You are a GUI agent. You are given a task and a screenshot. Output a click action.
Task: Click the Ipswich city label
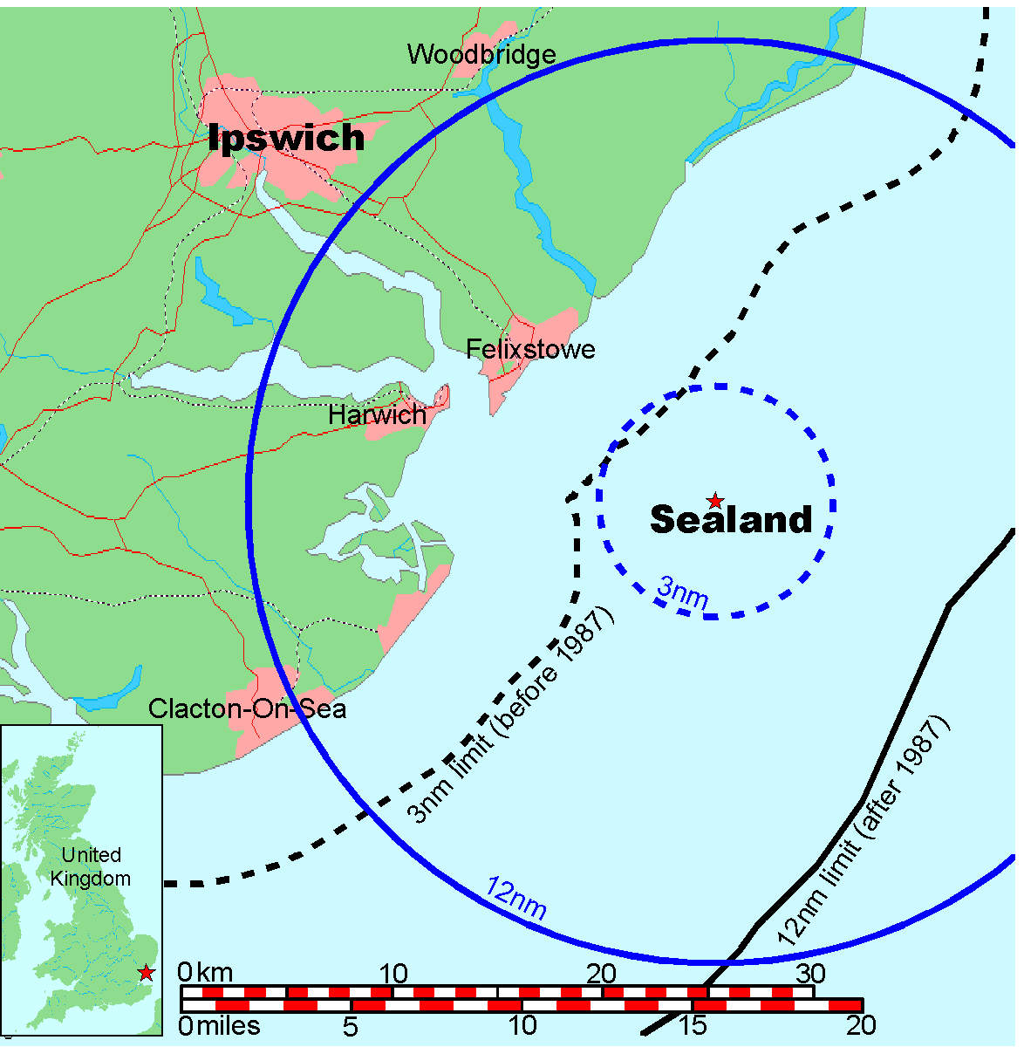point(286,138)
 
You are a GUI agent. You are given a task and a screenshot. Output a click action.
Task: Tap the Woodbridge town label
point(481,55)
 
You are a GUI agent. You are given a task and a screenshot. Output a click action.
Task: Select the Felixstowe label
point(530,350)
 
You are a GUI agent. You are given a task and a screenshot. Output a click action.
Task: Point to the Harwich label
point(378,415)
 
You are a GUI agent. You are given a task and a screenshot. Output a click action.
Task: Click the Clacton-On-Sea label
point(247,708)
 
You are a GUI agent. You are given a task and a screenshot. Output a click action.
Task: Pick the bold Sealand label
point(731,520)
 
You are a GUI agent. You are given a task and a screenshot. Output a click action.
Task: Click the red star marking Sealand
point(715,501)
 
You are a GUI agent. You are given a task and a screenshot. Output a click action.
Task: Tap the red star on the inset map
point(146,972)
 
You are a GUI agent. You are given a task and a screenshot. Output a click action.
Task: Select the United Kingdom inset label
point(91,866)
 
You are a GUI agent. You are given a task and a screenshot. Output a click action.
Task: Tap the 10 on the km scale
point(393,973)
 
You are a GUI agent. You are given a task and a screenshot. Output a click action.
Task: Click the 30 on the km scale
point(810,973)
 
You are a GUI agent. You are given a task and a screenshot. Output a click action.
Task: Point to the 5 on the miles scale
point(350,1026)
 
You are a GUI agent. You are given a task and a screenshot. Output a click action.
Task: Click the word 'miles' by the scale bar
point(229,1026)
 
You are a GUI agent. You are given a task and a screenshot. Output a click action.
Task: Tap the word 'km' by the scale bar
point(215,973)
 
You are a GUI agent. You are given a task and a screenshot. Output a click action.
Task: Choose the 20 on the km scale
point(601,973)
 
